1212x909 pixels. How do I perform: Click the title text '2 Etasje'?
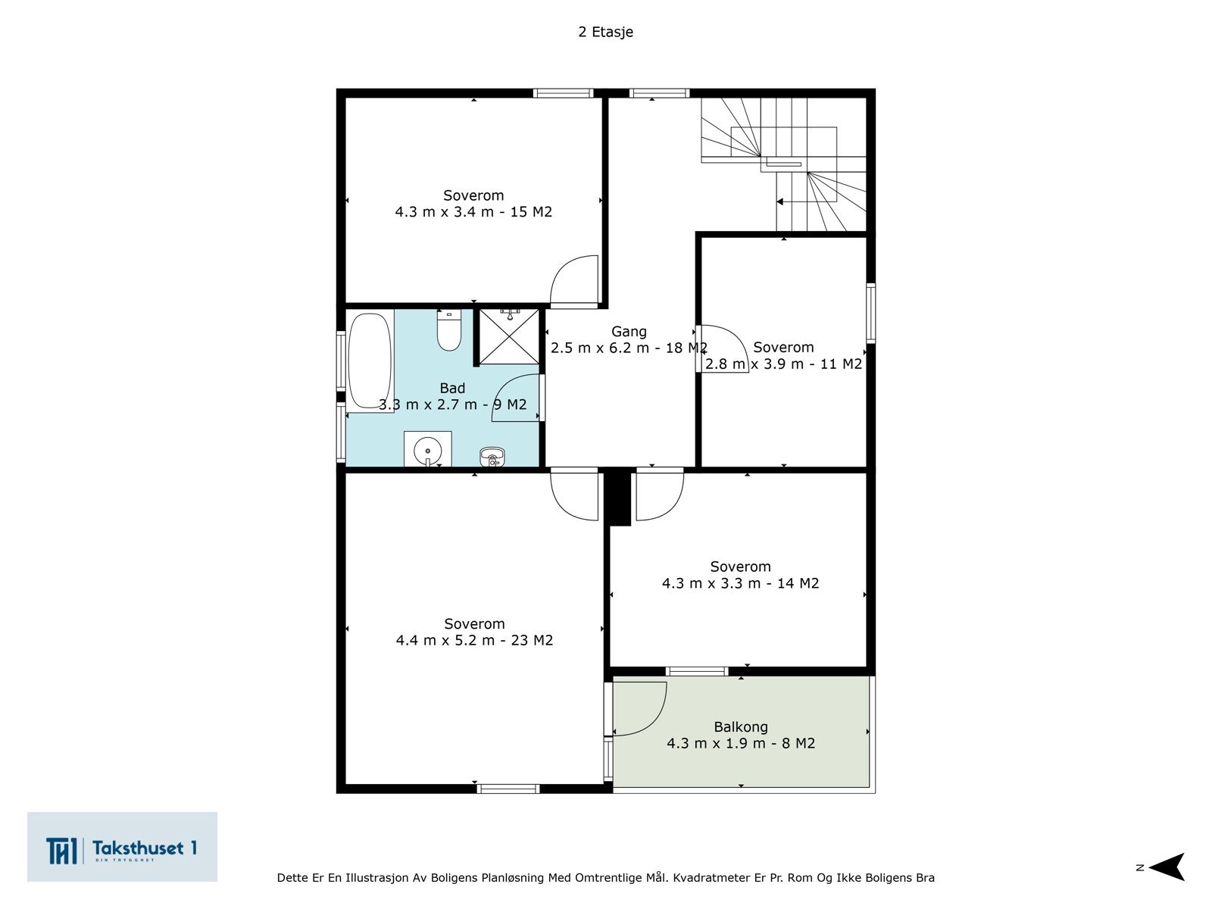[605, 32]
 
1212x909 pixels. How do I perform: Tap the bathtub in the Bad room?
[370, 361]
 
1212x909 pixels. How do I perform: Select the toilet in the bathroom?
[449, 330]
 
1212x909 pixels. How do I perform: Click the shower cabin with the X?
[508, 336]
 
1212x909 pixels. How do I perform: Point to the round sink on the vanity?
[427, 450]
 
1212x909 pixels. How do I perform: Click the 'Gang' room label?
[629, 331]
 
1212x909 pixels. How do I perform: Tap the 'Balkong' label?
[740, 727]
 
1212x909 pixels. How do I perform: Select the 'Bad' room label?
[452, 388]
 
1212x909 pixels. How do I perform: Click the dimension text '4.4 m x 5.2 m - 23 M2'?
[474, 640]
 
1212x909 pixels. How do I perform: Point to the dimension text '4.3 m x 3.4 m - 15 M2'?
[473, 212]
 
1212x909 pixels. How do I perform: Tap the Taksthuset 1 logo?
[122, 847]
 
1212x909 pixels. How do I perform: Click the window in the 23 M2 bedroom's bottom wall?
[508, 789]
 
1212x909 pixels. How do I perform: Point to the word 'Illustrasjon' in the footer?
[376, 877]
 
